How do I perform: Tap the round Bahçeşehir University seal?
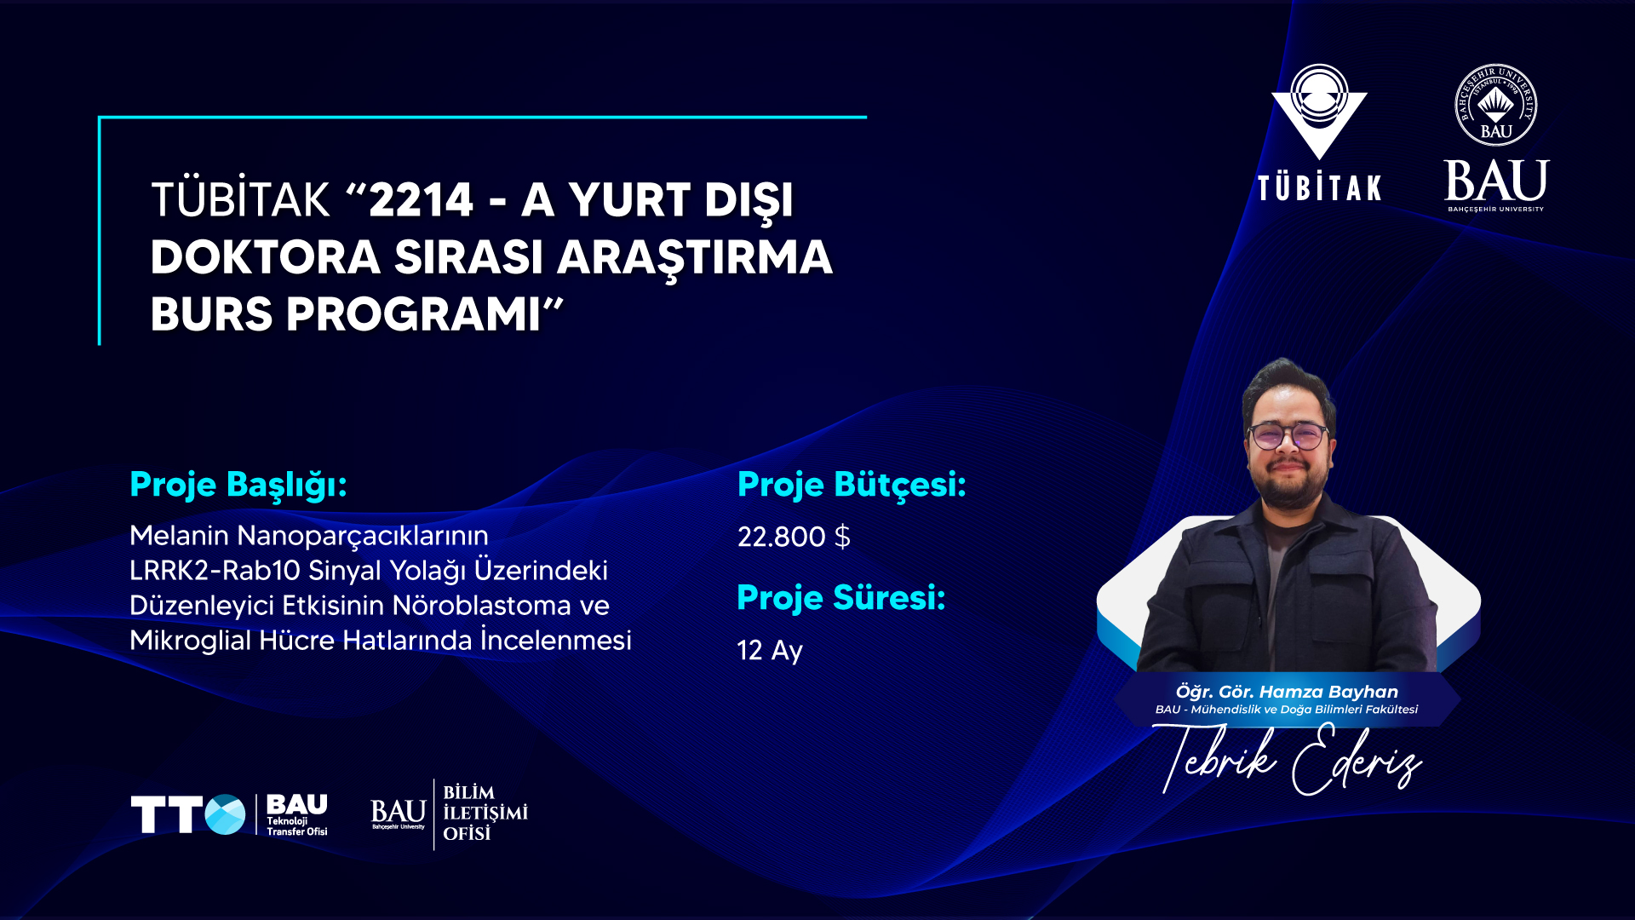click(1496, 106)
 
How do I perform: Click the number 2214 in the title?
click(421, 201)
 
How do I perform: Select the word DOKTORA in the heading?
click(265, 257)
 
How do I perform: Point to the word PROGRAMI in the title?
click(413, 314)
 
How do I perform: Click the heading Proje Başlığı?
click(238, 486)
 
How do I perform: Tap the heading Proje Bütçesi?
click(852, 486)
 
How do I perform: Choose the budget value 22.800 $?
click(794, 537)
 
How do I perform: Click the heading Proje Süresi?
click(841, 598)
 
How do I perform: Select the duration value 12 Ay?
click(770, 651)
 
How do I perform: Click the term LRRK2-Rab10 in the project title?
click(215, 570)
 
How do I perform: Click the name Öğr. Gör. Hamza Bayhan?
click(1287, 692)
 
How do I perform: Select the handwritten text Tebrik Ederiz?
click(1287, 758)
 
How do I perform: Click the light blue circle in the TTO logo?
click(225, 814)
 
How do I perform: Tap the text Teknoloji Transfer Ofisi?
click(296, 826)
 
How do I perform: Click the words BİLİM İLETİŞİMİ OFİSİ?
click(485, 814)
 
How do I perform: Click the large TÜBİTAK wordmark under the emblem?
click(1319, 187)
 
